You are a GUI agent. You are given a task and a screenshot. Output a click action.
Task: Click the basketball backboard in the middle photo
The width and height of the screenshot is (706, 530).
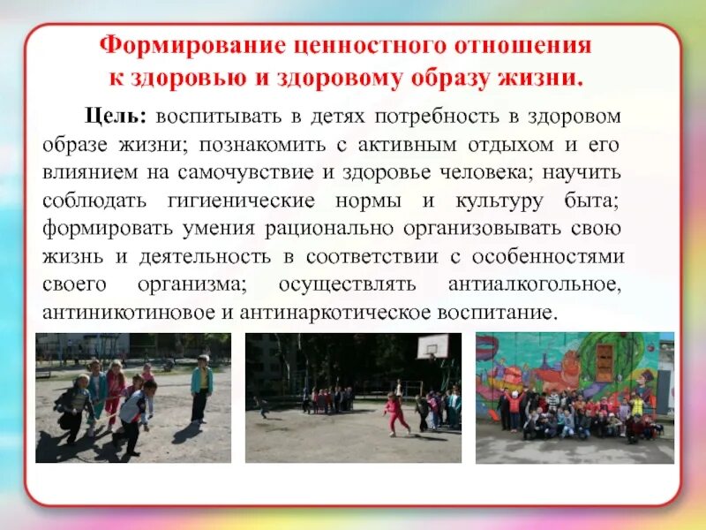tap(433, 345)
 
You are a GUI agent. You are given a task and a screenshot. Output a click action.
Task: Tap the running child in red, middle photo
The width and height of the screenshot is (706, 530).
tap(394, 413)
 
